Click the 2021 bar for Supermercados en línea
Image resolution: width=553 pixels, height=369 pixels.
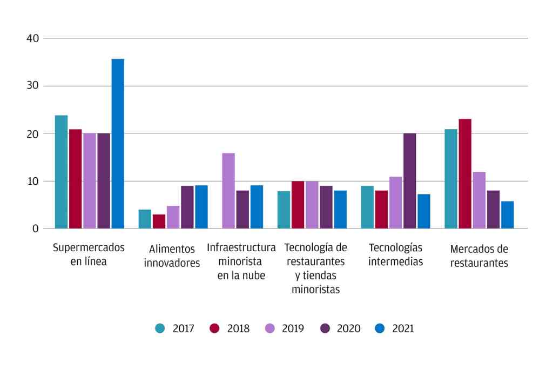[118, 144]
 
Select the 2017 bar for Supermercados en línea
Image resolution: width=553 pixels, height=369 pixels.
[62, 172]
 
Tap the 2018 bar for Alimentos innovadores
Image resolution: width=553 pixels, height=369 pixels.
[159, 222]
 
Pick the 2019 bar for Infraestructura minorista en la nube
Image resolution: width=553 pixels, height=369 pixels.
[228, 191]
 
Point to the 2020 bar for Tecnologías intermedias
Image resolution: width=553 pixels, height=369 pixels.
[410, 181]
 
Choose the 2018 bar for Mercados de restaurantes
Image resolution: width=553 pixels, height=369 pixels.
[465, 174]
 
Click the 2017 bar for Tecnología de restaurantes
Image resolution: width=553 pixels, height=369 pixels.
[284, 210]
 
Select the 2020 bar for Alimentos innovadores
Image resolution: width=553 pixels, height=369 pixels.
[187, 207]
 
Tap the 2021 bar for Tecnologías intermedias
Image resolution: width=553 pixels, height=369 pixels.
[424, 211]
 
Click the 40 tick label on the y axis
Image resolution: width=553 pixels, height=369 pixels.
[32, 38]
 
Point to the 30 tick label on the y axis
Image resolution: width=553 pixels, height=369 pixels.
[32, 86]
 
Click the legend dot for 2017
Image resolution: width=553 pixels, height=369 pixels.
[160, 328]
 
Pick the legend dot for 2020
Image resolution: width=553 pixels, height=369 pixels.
[326, 328]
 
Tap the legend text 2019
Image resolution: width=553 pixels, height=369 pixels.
[293, 328]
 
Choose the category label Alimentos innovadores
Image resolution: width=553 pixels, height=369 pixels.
[172, 256]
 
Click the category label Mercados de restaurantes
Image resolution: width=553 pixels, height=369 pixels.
[479, 256]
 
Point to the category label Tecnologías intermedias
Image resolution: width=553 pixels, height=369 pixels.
[395, 254]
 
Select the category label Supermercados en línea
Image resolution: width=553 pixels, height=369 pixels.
[89, 254]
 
